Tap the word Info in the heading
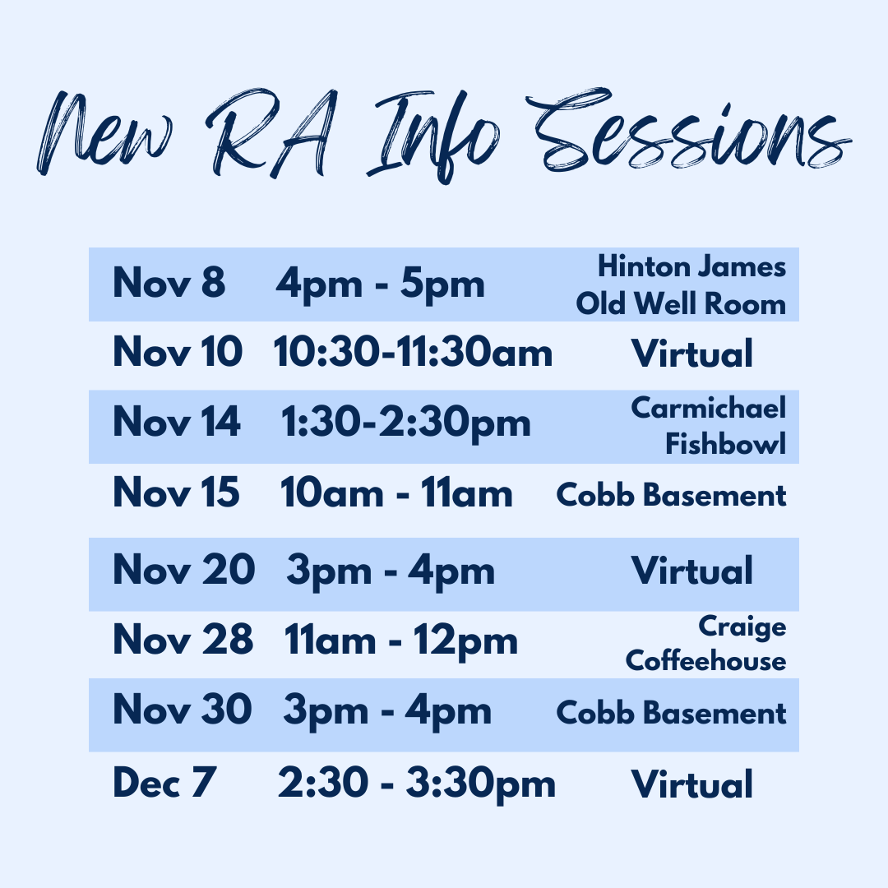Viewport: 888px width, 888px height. (x=433, y=136)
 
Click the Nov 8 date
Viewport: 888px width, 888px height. (x=169, y=282)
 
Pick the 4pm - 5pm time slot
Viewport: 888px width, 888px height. (x=380, y=284)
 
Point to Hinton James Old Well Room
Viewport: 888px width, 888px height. (x=681, y=284)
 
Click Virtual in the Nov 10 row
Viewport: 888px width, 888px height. (x=692, y=354)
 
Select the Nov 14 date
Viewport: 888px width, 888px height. (x=177, y=422)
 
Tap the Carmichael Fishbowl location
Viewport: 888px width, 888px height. (x=709, y=425)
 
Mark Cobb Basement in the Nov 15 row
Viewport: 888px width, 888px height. (x=671, y=495)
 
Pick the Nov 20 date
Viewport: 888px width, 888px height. (x=184, y=569)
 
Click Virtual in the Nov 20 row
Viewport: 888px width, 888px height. (x=692, y=571)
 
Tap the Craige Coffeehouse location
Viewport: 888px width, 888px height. (x=705, y=643)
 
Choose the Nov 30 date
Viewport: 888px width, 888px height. (x=183, y=709)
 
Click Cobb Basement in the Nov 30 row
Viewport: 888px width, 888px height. (x=671, y=712)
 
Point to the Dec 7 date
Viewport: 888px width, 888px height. (x=164, y=782)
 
